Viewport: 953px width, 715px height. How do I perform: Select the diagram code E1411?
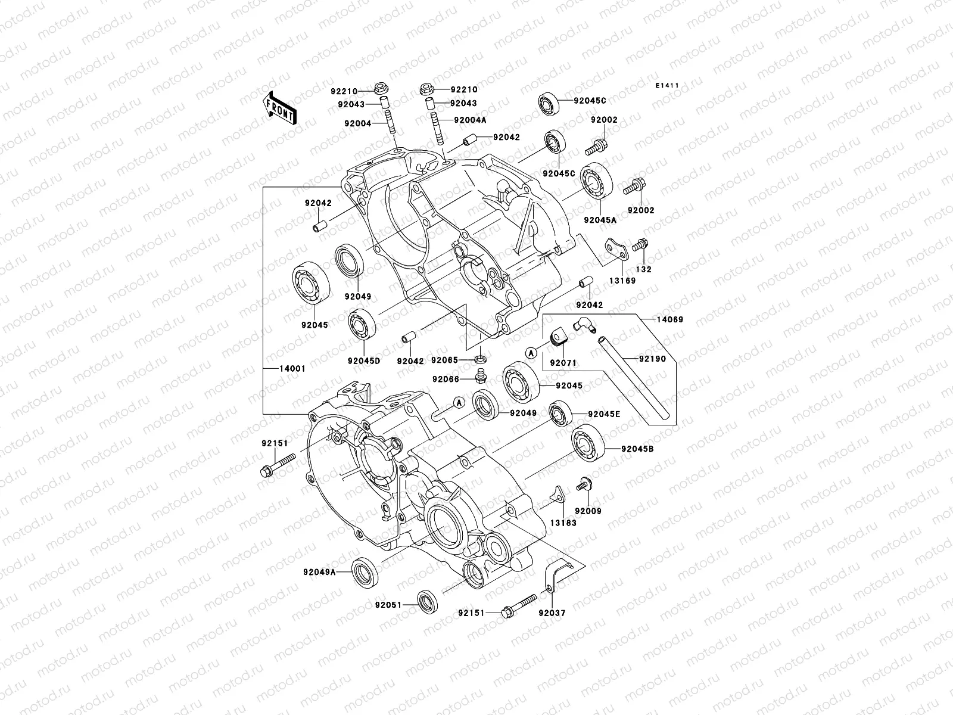(x=668, y=86)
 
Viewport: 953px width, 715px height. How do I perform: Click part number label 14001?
(x=292, y=369)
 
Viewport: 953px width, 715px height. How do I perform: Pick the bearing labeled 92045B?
(x=588, y=446)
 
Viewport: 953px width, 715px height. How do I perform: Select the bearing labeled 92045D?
(x=361, y=325)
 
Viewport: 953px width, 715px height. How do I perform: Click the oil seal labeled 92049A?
(x=363, y=571)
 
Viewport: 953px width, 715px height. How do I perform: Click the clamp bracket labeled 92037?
(x=553, y=575)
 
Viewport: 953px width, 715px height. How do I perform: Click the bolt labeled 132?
(x=640, y=245)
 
